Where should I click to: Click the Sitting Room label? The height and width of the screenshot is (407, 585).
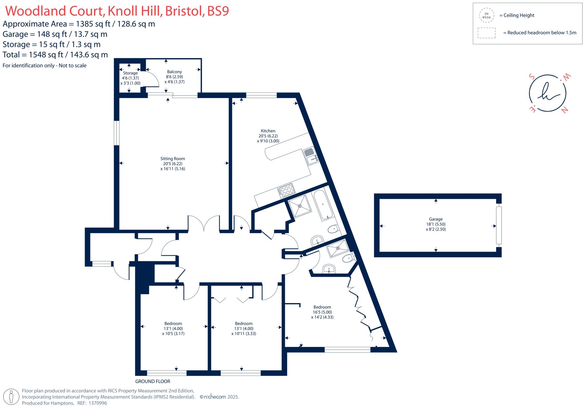coord(173,159)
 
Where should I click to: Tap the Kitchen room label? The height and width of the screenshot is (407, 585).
coord(268,131)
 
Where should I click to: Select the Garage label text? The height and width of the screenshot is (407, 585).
coord(436,219)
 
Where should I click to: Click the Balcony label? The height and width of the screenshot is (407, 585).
coord(174,72)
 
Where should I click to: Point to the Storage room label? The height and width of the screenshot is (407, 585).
coord(130,73)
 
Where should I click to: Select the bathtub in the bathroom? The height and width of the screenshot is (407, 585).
coord(323,205)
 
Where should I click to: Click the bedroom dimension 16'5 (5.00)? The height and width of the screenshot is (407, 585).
coord(322,312)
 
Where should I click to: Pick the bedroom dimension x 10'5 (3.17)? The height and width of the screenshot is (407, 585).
coord(173,333)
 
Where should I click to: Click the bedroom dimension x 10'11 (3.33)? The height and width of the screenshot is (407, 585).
coord(244,333)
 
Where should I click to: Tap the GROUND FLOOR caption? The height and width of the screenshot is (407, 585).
coord(153,381)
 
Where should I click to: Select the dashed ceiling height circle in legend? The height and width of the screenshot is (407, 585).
coord(486,15)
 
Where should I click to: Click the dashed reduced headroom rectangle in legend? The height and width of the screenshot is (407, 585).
coord(486,33)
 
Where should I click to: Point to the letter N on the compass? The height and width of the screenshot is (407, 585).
coord(564,110)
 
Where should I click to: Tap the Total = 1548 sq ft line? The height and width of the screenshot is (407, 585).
coord(55,54)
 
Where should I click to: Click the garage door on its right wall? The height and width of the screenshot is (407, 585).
coord(499,225)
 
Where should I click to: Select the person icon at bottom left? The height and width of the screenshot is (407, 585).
coord(11,397)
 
